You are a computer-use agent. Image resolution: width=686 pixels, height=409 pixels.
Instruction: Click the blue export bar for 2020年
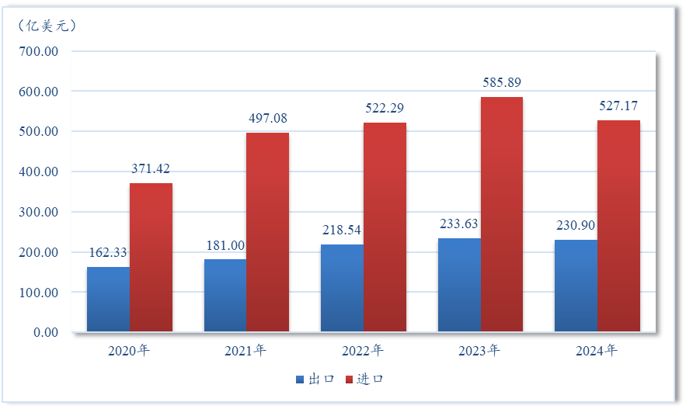click(108, 300)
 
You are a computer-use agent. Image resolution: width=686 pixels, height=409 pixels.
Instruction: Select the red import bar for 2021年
click(267, 233)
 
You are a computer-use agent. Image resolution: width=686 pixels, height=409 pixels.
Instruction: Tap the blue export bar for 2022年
click(342, 289)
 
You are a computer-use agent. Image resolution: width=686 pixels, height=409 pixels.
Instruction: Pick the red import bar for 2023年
click(502, 215)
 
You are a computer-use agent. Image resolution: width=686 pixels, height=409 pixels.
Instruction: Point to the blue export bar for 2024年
click(576, 286)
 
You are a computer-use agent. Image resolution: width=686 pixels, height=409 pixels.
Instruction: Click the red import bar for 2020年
click(151, 258)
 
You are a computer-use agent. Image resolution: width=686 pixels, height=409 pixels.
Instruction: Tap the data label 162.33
click(108, 251)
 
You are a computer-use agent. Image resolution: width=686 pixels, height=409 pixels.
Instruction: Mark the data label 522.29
click(385, 107)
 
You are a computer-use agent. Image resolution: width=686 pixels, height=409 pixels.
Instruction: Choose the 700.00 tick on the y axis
click(38, 51)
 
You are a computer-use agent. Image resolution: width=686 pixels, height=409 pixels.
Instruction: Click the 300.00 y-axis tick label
click(38, 212)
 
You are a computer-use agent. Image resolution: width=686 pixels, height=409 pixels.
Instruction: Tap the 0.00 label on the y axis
click(44, 332)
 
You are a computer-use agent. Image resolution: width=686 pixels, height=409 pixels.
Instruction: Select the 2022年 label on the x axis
click(363, 351)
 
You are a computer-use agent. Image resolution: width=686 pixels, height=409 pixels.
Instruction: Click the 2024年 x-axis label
click(597, 351)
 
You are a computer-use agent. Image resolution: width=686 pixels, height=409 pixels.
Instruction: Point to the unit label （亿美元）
click(47, 26)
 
